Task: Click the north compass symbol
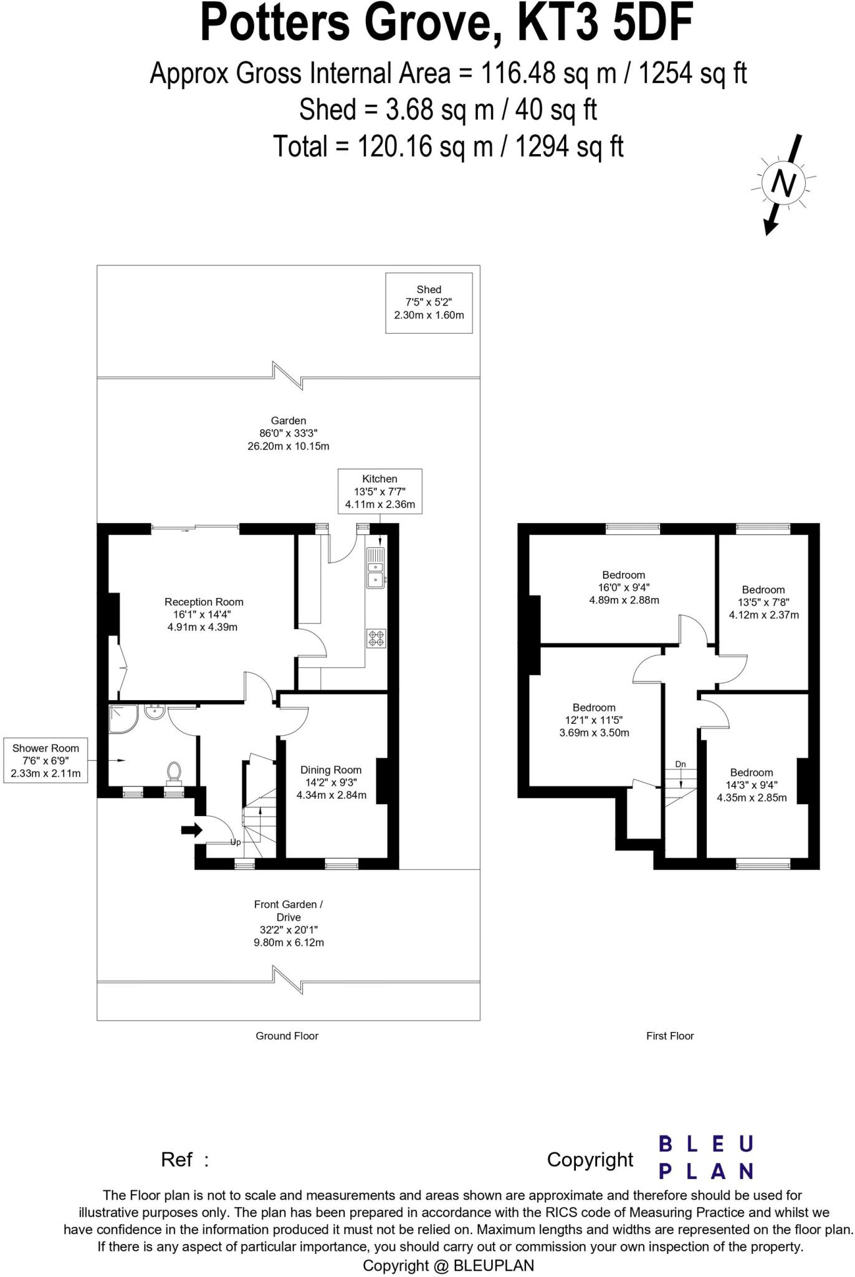[x=785, y=184]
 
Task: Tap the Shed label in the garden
[x=429, y=302]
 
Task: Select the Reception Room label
[x=203, y=614]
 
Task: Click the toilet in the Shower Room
[x=174, y=771]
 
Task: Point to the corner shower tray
[x=123, y=718]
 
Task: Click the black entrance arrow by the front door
[x=192, y=830]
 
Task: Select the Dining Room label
[x=331, y=783]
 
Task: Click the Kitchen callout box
[x=380, y=491]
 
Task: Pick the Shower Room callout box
[x=45, y=761]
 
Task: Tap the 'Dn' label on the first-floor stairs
[x=681, y=764]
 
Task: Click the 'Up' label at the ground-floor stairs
[x=236, y=842]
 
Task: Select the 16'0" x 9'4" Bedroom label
[x=624, y=587]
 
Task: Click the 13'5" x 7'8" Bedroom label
[x=763, y=602]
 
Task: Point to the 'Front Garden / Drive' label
[x=289, y=910]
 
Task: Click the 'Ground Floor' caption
[x=287, y=1036]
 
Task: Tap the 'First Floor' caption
[x=670, y=1036]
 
